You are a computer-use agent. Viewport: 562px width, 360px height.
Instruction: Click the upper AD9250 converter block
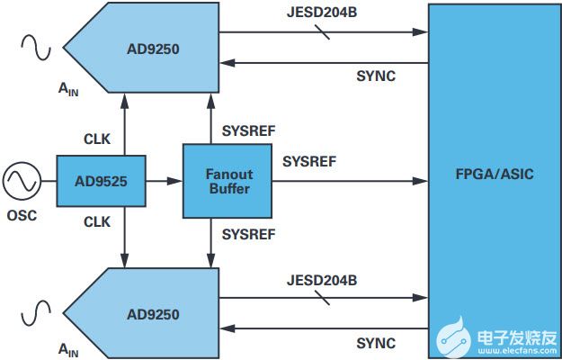click(153, 47)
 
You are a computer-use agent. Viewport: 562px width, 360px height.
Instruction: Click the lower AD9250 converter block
click(153, 314)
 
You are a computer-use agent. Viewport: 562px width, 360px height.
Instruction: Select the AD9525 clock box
click(102, 181)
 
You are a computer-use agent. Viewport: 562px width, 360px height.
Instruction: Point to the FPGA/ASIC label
click(494, 174)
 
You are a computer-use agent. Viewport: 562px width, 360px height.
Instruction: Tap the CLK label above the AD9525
click(97, 140)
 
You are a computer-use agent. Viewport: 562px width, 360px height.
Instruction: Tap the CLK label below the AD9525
click(97, 220)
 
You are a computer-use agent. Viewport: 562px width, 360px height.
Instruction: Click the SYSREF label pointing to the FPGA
click(309, 162)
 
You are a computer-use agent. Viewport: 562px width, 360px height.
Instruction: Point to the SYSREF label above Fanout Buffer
click(248, 130)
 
